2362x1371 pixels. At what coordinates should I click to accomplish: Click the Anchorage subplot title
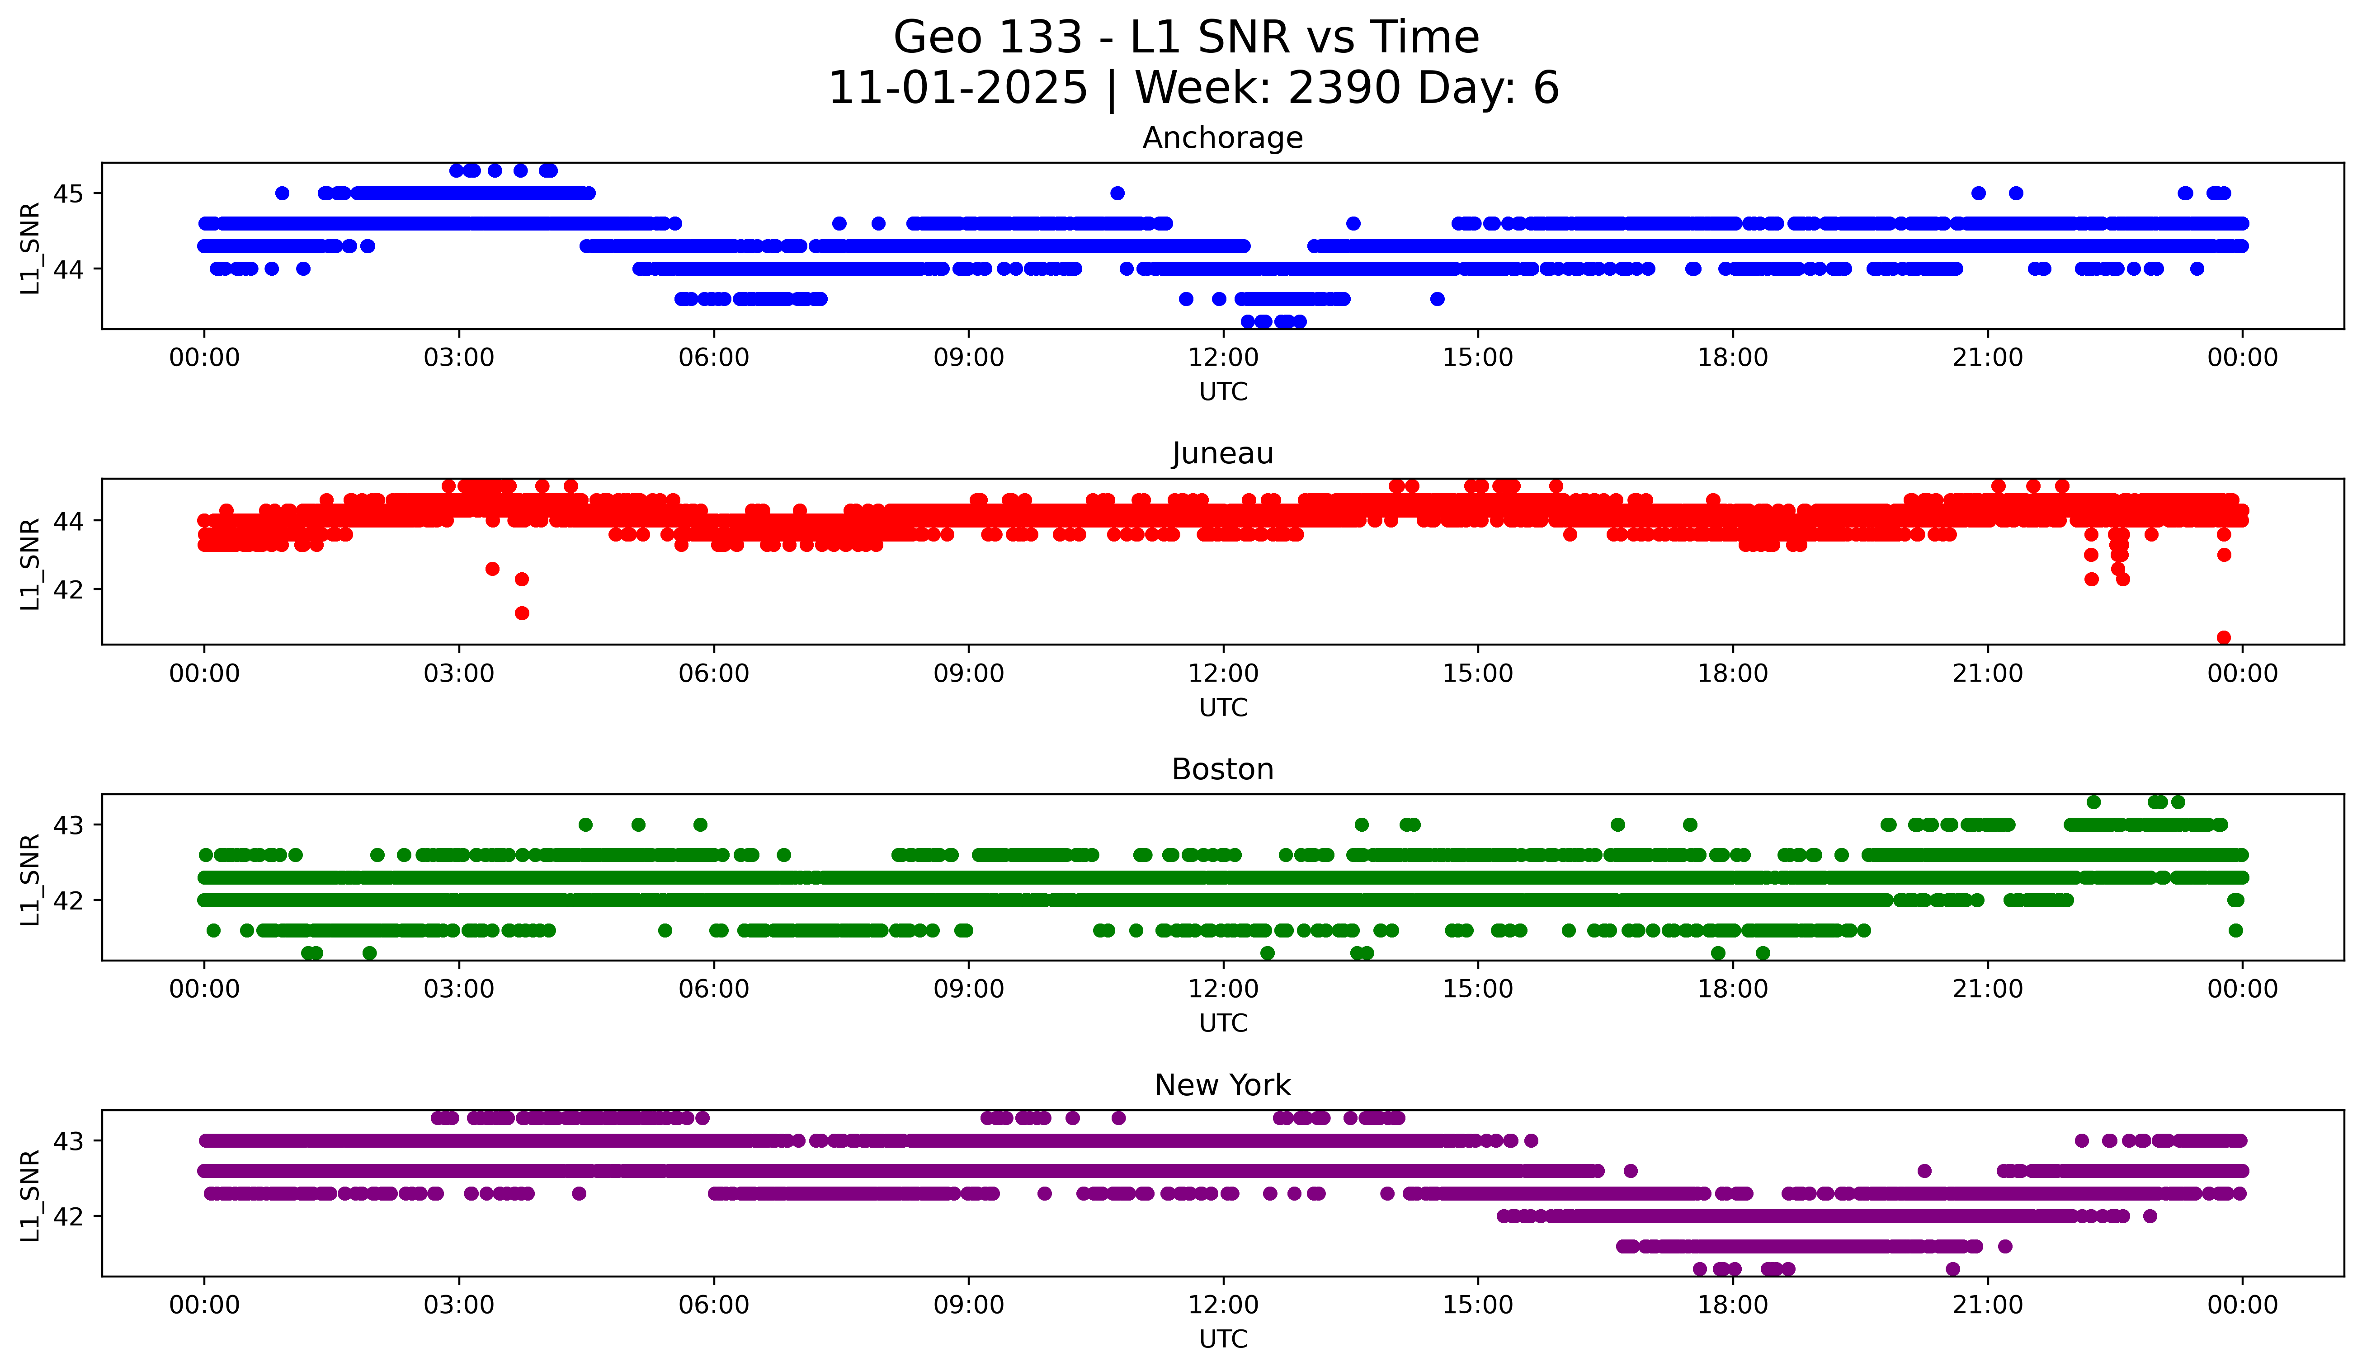[1222, 138]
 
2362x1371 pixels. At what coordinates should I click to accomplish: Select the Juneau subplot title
[1222, 453]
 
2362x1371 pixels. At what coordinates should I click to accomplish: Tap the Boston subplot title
[1222, 769]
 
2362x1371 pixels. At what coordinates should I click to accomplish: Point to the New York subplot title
[1222, 1085]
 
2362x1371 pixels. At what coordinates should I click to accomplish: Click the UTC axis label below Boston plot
[1222, 1023]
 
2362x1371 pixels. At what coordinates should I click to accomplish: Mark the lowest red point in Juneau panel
[2223, 637]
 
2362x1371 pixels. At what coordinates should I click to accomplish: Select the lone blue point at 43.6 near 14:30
[1437, 299]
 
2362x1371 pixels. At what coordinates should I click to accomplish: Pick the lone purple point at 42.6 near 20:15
[1924, 1170]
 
